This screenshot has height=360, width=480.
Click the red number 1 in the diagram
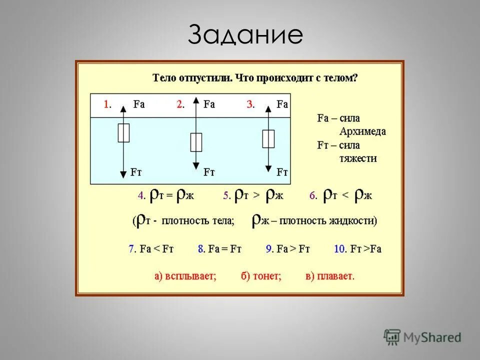tap(106, 104)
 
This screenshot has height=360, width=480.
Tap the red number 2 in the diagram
tap(179, 104)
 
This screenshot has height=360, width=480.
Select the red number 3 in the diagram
tap(250, 104)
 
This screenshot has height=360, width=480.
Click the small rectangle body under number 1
tap(123, 133)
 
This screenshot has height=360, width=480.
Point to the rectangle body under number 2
tap(196, 142)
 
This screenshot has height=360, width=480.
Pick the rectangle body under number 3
tap(268, 138)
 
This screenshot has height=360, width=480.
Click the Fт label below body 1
tap(136, 172)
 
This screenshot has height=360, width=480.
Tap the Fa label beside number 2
tap(209, 104)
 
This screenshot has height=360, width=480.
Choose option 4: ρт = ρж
tap(166, 195)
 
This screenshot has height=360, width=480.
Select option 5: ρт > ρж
tap(253, 195)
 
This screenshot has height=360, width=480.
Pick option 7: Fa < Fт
tap(151, 249)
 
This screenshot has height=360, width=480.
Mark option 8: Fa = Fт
tap(219, 249)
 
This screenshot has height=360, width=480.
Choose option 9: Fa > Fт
tap(287, 249)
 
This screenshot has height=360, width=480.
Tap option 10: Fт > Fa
tap(357, 249)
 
